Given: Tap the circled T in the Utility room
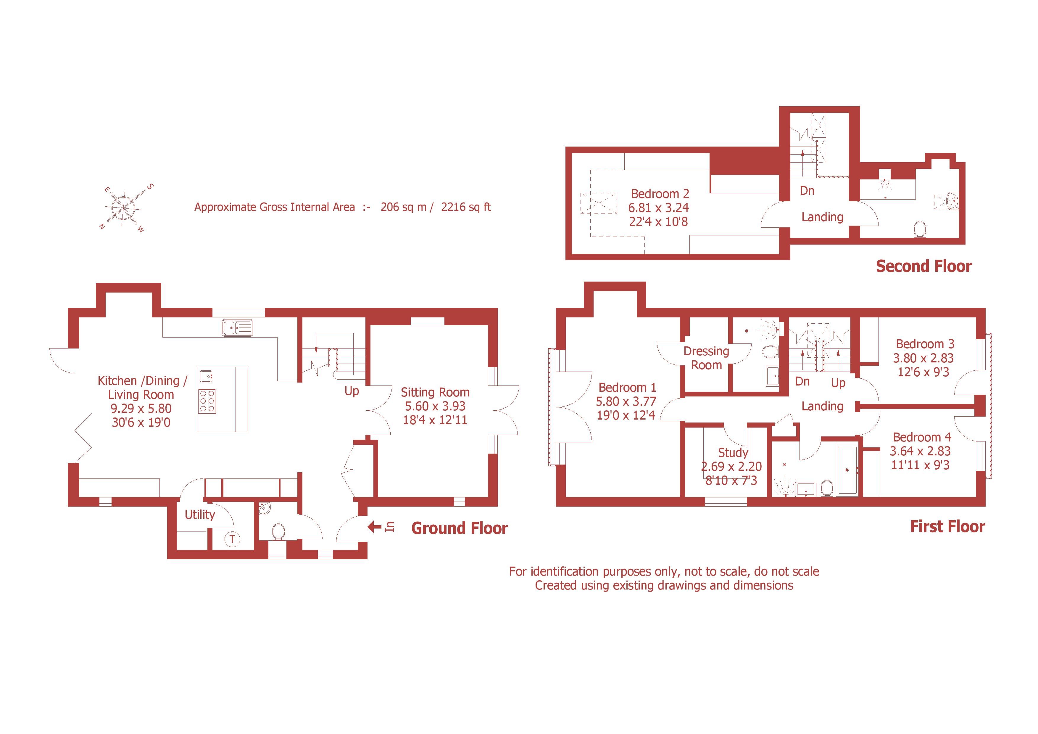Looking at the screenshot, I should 232,539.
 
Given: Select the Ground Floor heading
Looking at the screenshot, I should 459,528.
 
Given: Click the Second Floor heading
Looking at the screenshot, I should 923,266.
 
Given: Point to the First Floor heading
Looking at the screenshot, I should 947,526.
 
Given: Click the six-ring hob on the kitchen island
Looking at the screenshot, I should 207,401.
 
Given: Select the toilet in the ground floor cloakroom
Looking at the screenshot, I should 278,531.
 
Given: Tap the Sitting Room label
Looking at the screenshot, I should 435,392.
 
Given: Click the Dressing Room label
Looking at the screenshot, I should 706,358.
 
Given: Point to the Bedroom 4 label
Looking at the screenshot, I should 922,437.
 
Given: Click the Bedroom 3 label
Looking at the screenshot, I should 925,344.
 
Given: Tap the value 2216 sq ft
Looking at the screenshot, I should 466,207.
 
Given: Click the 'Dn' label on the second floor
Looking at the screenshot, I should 807,191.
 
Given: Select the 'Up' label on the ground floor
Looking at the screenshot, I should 352,391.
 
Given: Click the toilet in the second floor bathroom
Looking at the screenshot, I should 919,229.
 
